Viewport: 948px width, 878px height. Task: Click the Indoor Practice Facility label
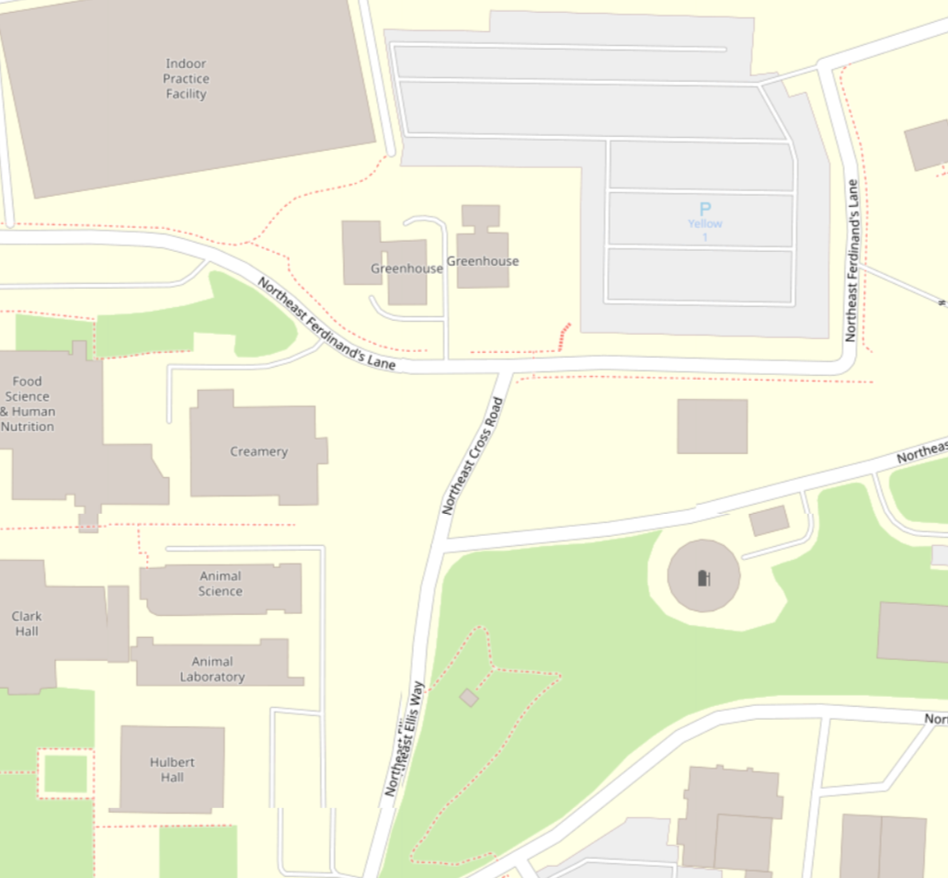(186, 79)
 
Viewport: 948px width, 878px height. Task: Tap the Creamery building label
(258, 451)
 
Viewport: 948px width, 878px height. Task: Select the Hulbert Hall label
(166, 770)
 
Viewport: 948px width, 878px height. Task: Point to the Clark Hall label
(27, 623)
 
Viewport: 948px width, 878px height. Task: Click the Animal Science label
(221, 584)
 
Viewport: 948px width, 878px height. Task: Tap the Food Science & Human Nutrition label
(28, 404)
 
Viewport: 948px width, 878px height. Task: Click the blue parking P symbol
(705, 209)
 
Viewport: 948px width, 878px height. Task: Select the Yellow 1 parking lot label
(705, 230)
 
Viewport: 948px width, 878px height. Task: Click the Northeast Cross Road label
(474, 455)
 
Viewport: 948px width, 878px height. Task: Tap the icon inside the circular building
(704, 577)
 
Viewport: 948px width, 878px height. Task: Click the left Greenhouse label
(406, 268)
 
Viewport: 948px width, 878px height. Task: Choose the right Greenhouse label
(483, 261)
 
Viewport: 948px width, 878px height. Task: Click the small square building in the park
(469, 698)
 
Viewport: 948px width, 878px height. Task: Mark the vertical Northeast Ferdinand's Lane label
(852, 260)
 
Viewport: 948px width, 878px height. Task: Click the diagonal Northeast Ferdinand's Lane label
(326, 325)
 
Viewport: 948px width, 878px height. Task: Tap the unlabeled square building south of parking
(712, 427)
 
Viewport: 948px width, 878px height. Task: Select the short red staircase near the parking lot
(565, 336)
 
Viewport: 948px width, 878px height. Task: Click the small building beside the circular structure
(769, 520)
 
